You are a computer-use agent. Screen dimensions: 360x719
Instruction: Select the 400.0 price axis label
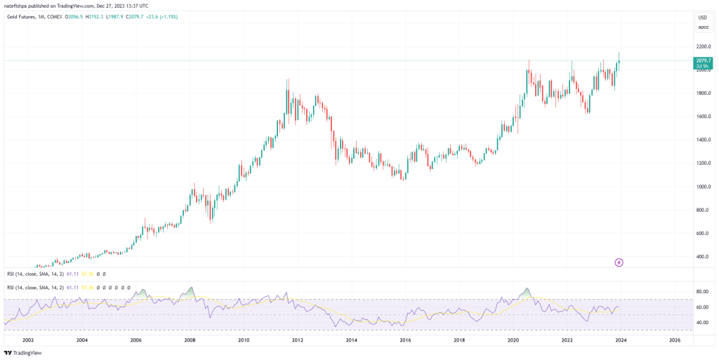(x=702, y=257)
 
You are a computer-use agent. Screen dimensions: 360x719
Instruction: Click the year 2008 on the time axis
(x=190, y=340)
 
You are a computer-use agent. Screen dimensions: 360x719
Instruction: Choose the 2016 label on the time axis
(x=405, y=340)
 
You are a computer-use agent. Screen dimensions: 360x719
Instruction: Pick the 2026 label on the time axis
(x=674, y=340)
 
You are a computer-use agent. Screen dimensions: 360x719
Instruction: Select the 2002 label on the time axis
(x=28, y=340)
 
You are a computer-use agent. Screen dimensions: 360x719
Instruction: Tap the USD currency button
(x=702, y=17)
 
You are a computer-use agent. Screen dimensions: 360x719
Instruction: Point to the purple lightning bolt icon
(x=619, y=262)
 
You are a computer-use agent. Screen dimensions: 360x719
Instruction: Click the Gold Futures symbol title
(x=25, y=16)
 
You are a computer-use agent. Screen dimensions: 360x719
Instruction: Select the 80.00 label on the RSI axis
(x=701, y=291)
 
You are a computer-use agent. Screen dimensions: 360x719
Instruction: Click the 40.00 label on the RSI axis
(x=701, y=323)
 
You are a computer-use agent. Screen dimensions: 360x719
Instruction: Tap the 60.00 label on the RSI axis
(x=701, y=307)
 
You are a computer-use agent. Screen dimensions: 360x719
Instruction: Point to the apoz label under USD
(x=702, y=27)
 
